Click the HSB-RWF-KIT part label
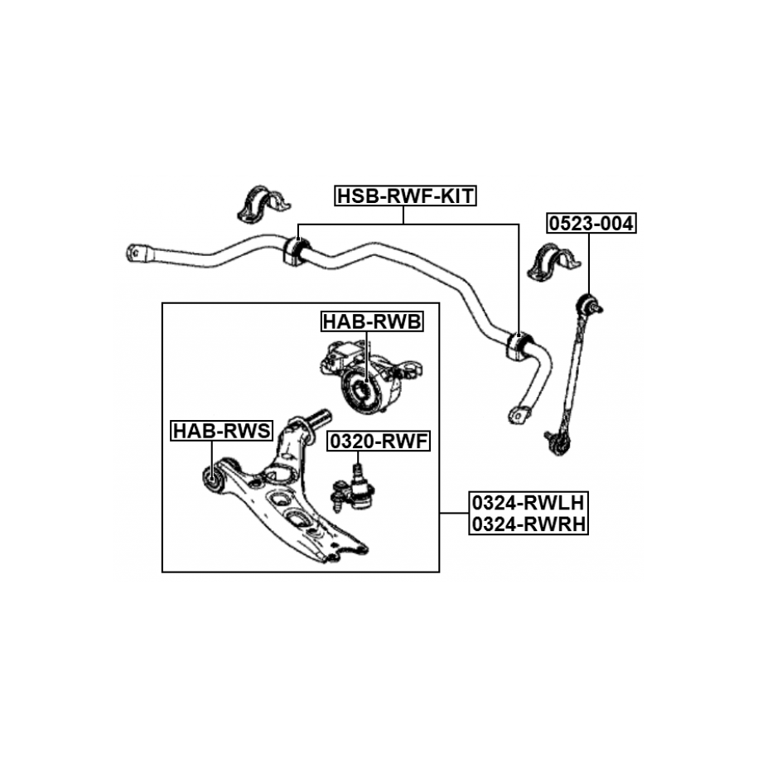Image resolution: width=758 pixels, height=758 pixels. [404, 196]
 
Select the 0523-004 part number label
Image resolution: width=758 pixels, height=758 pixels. [590, 223]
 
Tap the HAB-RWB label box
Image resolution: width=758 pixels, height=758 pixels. [372, 321]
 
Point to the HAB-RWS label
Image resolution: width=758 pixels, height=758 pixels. [221, 431]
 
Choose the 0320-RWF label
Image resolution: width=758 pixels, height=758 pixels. [379, 442]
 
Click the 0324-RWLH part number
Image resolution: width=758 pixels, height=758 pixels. [528, 503]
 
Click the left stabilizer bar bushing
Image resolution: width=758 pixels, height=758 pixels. [295, 249]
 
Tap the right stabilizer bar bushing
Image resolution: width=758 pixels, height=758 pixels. [515, 345]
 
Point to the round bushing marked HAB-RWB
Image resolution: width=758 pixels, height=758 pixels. [363, 390]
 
